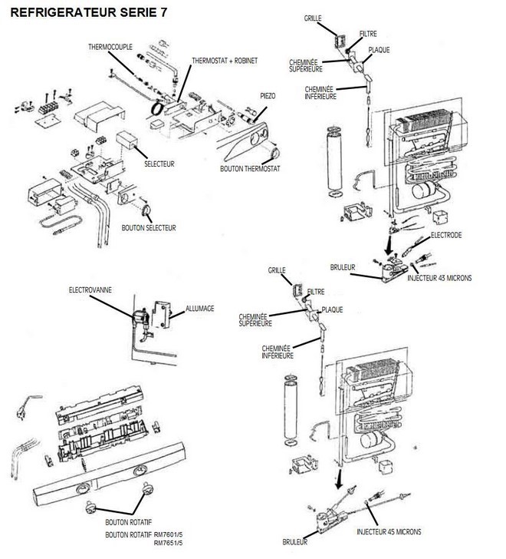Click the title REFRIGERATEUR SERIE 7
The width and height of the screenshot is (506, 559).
click(80, 13)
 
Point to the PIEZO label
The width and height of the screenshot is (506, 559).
click(267, 95)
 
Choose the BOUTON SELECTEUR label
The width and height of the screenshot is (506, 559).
click(149, 227)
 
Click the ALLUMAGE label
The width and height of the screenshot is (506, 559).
click(200, 308)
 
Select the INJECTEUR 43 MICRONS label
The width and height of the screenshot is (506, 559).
click(439, 277)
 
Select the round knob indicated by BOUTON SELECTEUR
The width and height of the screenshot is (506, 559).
click(146, 207)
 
